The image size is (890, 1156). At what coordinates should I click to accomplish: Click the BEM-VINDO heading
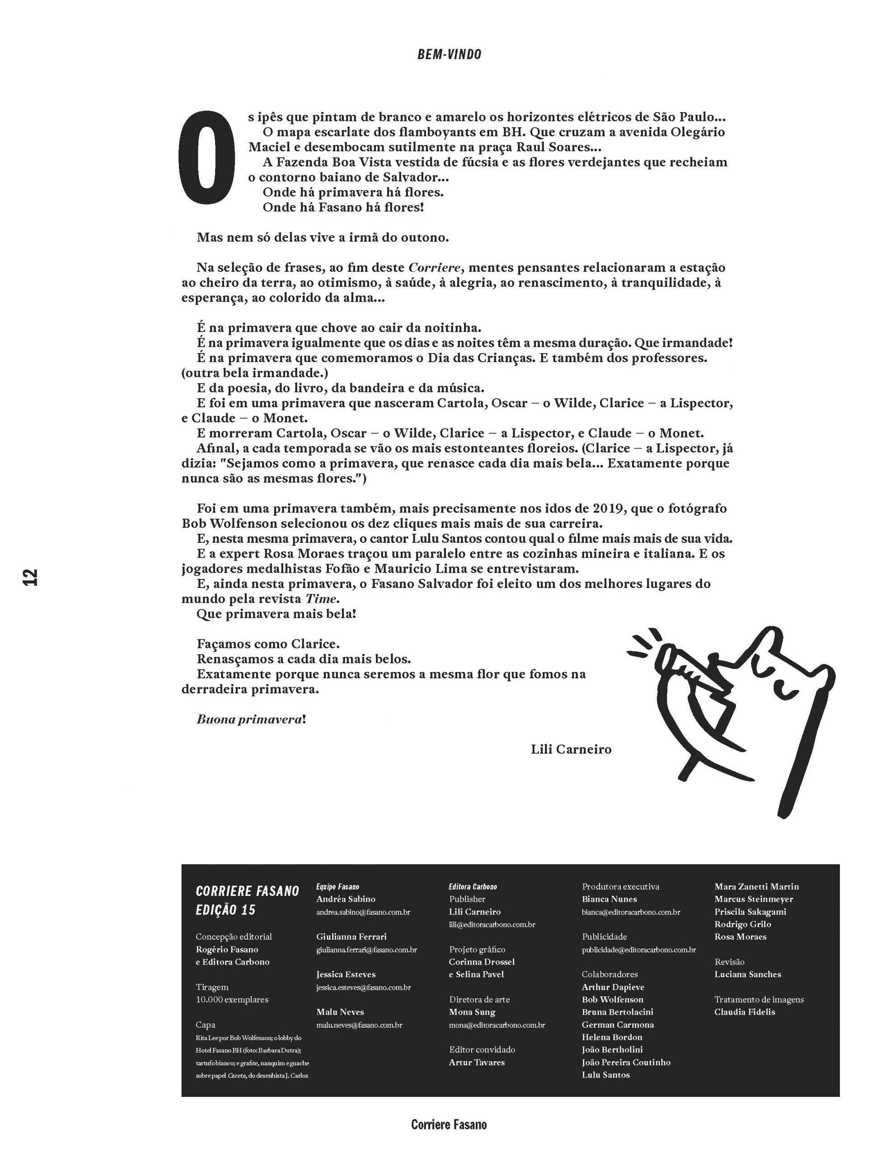(x=449, y=55)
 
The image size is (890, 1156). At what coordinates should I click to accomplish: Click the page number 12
(x=31, y=577)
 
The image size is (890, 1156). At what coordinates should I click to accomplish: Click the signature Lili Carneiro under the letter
(x=571, y=749)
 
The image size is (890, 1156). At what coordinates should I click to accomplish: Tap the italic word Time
(x=321, y=599)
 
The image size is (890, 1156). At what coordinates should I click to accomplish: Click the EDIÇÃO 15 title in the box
(x=225, y=910)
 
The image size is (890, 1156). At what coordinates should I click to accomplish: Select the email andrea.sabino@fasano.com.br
(x=363, y=912)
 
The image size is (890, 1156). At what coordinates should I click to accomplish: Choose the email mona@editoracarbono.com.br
(x=497, y=1025)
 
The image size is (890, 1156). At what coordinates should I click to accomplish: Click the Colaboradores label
(x=609, y=974)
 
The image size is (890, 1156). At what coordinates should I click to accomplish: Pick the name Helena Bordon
(x=612, y=1037)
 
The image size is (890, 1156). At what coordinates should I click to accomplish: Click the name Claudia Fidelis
(x=745, y=1011)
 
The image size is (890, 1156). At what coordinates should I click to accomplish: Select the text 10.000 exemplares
(x=232, y=999)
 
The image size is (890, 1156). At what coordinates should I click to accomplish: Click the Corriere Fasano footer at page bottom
(x=449, y=1124)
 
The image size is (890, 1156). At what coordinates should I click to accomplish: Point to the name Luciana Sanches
(x=748, y=974)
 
